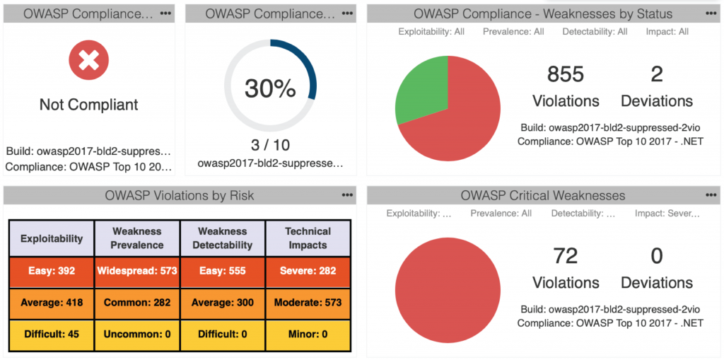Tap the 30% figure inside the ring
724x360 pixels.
[x=270, y=88]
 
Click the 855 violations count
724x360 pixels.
[x=566, y=74]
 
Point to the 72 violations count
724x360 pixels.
[x=566, y=256]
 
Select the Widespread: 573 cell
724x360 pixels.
[x=137, y=270]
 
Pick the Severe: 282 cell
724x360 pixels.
[x=308, y=270]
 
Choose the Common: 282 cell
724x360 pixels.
[x=137, y=302]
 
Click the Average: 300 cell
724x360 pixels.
[x=223, y=302]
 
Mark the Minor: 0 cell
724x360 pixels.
[x=308, y=335]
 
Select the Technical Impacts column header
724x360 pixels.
[x=308, y=238]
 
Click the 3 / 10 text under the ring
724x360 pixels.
[x=270, y=145]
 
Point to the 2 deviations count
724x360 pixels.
[x=657, y=74]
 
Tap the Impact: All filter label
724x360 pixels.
[x=667, y=32]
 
